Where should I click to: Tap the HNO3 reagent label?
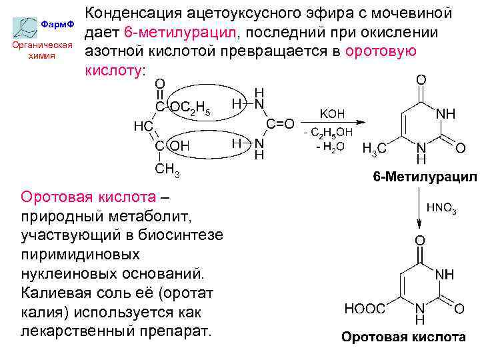(441, 210)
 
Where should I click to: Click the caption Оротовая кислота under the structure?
(403, 337)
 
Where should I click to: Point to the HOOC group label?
(365, 308)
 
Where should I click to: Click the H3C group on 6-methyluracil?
(373, 149)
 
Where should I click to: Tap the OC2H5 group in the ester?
(190, 108)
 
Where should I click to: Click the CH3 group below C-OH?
(167, 170)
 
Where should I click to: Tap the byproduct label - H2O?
(330, 147)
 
